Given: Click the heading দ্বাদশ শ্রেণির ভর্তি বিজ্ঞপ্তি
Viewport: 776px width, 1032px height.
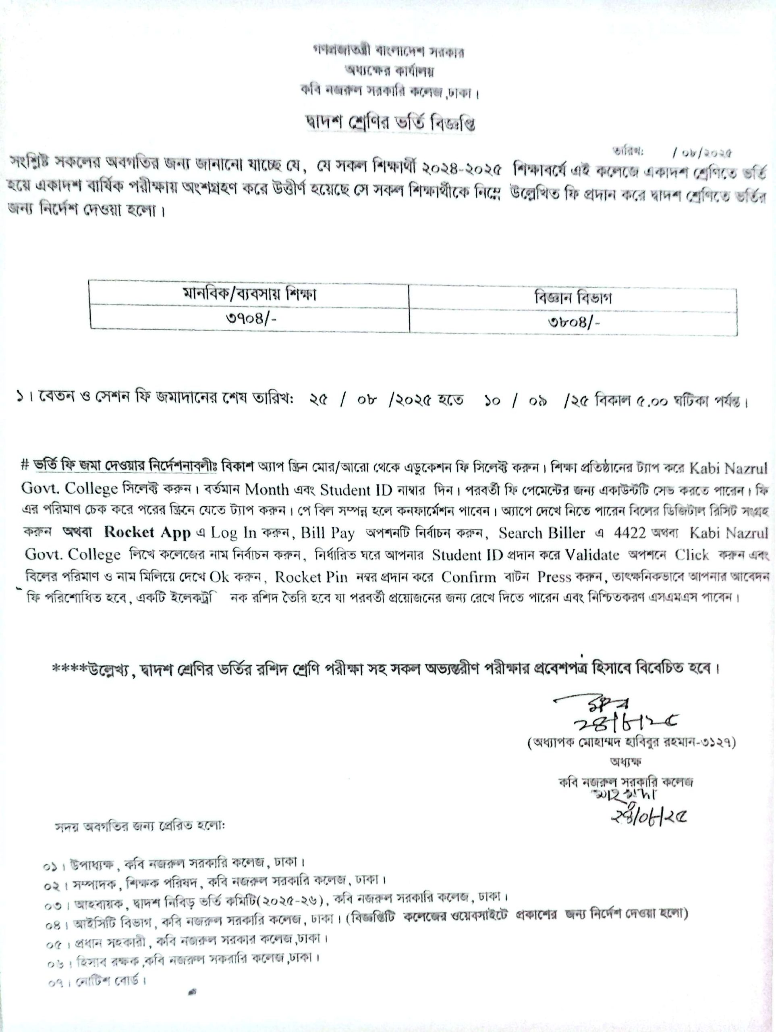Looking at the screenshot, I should point(388,124).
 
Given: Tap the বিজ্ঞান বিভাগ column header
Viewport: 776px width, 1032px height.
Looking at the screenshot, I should point(573,299).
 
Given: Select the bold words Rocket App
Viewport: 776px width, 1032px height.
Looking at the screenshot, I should point(147,533).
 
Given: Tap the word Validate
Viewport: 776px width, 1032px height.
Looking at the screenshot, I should point(592,555).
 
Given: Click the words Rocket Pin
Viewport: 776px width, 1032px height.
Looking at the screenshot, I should point(311,577).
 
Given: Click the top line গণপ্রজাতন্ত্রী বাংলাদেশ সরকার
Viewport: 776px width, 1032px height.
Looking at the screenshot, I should point(388,52).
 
